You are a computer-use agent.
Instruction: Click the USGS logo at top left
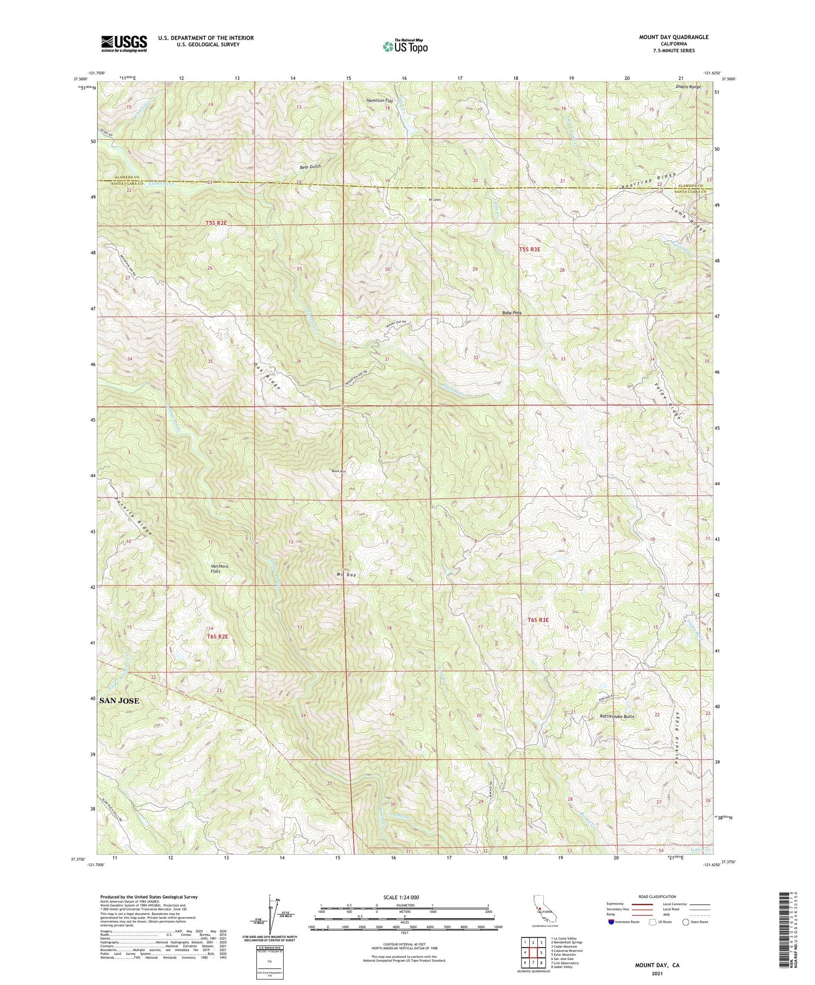[124, 43]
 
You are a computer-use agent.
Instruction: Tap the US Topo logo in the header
[405, 46]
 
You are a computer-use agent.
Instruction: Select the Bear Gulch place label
[310, 167]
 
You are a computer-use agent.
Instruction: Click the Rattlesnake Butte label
[617, 716]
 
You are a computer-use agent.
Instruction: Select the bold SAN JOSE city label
[120, 701]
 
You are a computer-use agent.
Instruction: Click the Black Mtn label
[339, 471]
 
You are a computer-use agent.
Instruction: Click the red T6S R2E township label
[217, 636]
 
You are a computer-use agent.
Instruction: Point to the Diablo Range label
[688, 86]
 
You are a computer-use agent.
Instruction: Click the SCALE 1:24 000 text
[404, 897]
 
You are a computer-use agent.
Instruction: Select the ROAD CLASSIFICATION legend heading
[657, 896]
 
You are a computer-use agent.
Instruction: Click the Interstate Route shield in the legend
[611, 922]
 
